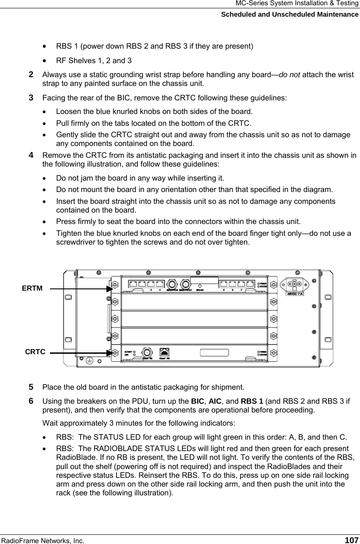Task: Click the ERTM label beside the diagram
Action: (32, 288)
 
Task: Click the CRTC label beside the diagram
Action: (35, 352)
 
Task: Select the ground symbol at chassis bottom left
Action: (90, 360)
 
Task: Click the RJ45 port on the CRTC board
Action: (165, 352)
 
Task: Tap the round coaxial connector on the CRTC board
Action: (148, 352)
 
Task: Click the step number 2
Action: (31, 75)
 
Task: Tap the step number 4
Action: (31, 155)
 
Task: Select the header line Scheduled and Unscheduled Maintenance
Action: (289, 14)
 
